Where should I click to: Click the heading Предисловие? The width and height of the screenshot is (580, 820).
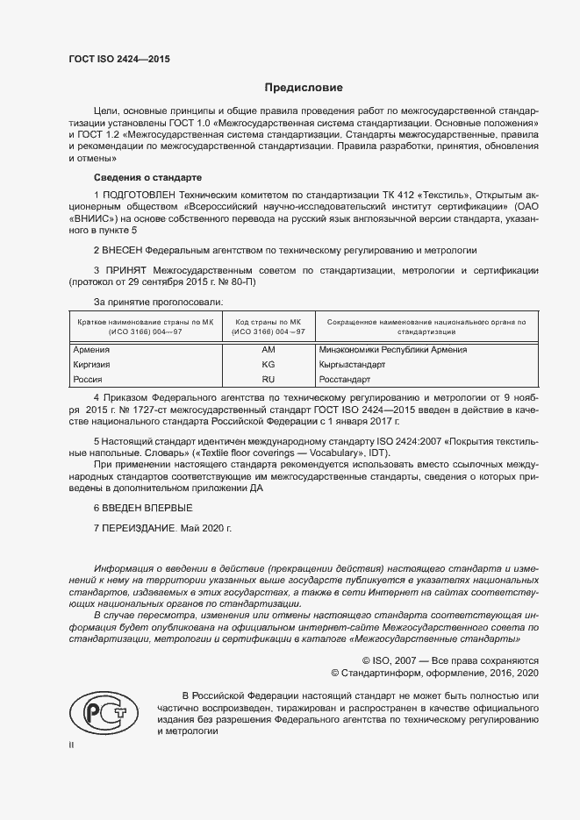click(x=304, y=88)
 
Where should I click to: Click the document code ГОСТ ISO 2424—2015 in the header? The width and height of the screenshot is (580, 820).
click(x=119, y=59)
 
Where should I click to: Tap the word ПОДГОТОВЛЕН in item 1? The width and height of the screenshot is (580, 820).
click(x=144, y=194)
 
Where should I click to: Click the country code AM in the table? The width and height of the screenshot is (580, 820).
click(x=269, y=349)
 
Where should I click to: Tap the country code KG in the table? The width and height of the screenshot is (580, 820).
click(x=269, y=364)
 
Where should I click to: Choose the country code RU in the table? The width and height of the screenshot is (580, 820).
click(x=269, y=379)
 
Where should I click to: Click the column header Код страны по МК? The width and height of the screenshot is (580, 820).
click(x=269, y=323)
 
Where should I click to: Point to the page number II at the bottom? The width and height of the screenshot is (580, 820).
click(x=72, y=745)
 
